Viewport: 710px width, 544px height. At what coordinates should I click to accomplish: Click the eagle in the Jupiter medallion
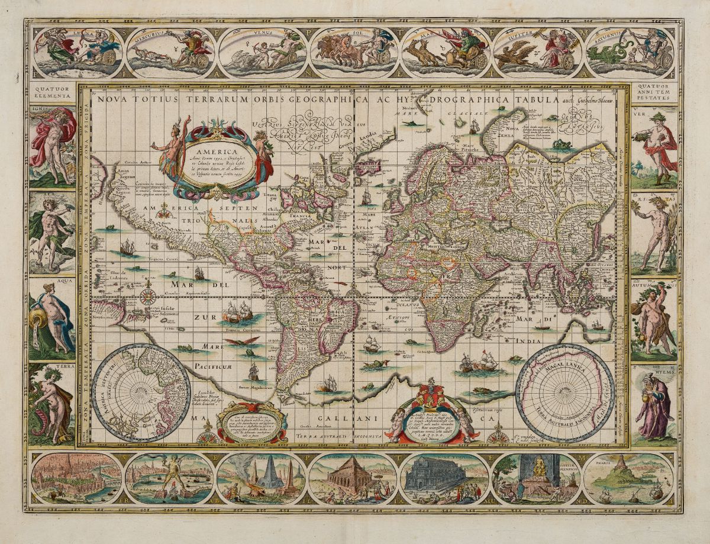pos(512,57)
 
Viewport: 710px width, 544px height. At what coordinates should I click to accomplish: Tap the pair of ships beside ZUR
pos(237,311)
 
